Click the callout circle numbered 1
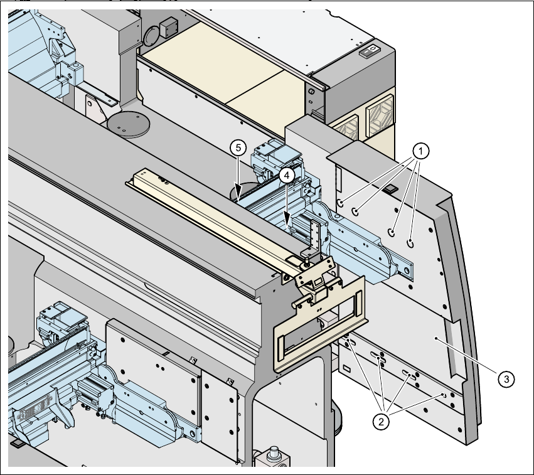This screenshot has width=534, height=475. click(422, 151)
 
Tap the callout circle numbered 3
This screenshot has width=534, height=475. click(506, 378)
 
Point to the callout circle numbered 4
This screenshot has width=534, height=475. click(285, 176)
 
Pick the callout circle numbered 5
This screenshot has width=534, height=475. click(237, 148)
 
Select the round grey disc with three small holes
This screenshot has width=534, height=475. click(129, 123)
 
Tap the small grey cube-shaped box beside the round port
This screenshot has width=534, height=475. click(169, 28)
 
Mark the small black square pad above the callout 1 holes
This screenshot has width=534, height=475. click(389, 188)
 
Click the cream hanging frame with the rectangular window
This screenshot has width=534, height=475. click(320, 326)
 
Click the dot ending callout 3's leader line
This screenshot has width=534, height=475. click(435, 338)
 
